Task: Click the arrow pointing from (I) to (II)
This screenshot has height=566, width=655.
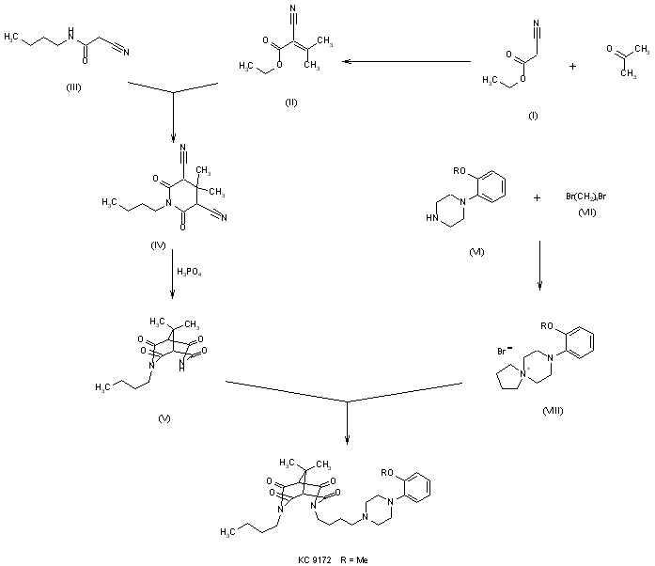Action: click(x=404, y=62)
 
